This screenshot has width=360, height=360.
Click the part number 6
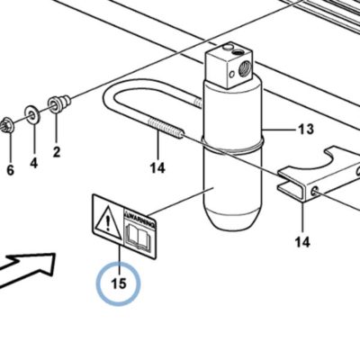coord(10,170)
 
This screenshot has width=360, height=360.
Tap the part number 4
coord(34,163)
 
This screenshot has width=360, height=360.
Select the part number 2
coord(57,152)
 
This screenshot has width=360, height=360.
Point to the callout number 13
coord(306,130)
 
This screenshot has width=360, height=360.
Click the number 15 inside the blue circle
coord(119,283)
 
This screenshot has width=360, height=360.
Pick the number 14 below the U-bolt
coord(157,168)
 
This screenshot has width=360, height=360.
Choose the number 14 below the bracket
coord(302,242)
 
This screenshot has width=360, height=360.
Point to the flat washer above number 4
coord(32,114)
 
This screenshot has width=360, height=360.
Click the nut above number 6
coord(6,125)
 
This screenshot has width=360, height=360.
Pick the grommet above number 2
coord(59,103)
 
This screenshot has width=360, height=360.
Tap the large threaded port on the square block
coord(243,68)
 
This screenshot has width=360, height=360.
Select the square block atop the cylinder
coord(229,66)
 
